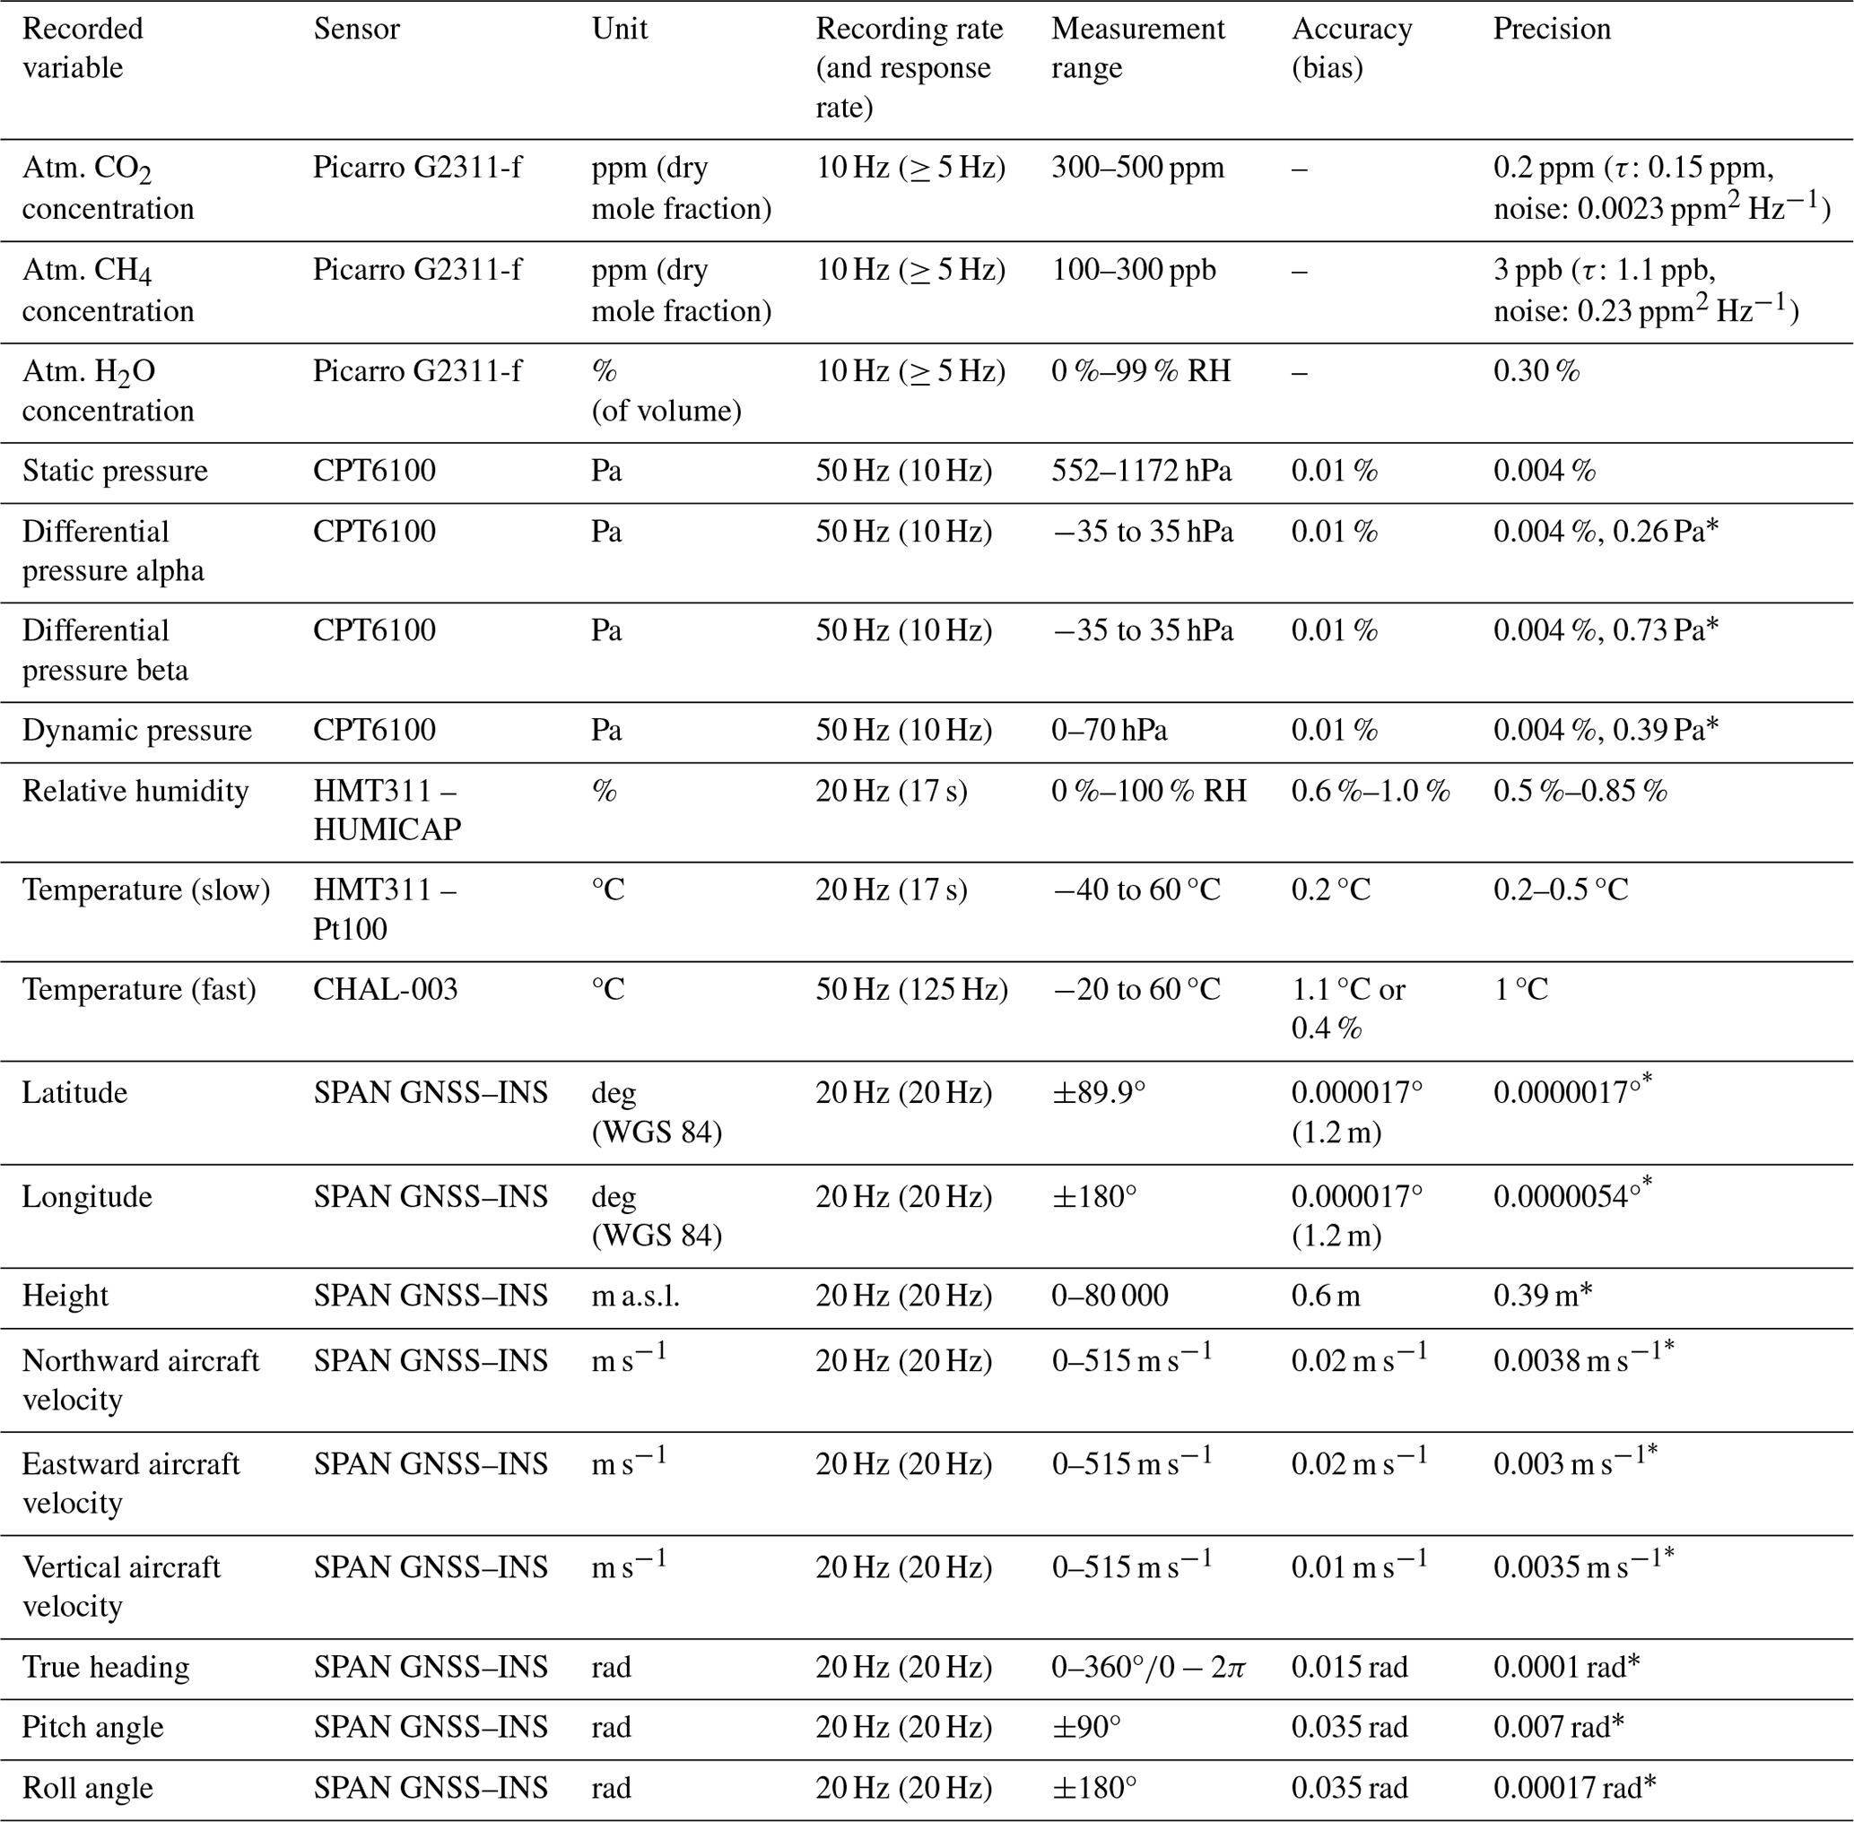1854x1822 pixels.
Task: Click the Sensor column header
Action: (x=356, y=29)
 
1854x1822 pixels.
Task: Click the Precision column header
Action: (x=1552, y=29)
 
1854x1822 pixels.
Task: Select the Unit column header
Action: (x=619, y=29)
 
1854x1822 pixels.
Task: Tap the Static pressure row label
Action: (x=115, y=471)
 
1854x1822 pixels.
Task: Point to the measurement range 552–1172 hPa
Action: (x=1141, y=471)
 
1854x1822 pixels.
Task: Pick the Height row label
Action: (x=65, y=1296)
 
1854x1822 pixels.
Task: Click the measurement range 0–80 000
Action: (x=1110, y=1296)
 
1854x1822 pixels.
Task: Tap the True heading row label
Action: (x=105, y=1667)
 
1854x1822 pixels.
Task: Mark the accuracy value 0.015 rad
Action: (x=1350, y=1667)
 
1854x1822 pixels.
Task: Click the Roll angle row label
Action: (x=87, y=1789)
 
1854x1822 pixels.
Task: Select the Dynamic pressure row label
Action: (x=137, y=730)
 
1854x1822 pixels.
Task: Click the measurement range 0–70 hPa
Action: (x=1110, y=730)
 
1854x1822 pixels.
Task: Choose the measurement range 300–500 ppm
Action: (x=1137, y=169)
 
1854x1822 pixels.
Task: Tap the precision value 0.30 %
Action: (x=1536, y=371)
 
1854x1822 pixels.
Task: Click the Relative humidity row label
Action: (x=135, y=792)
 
